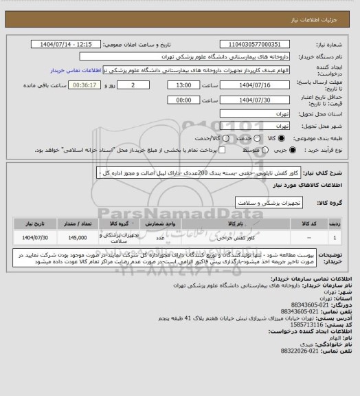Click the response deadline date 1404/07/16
pyautogui.click(x=256, y=85)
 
